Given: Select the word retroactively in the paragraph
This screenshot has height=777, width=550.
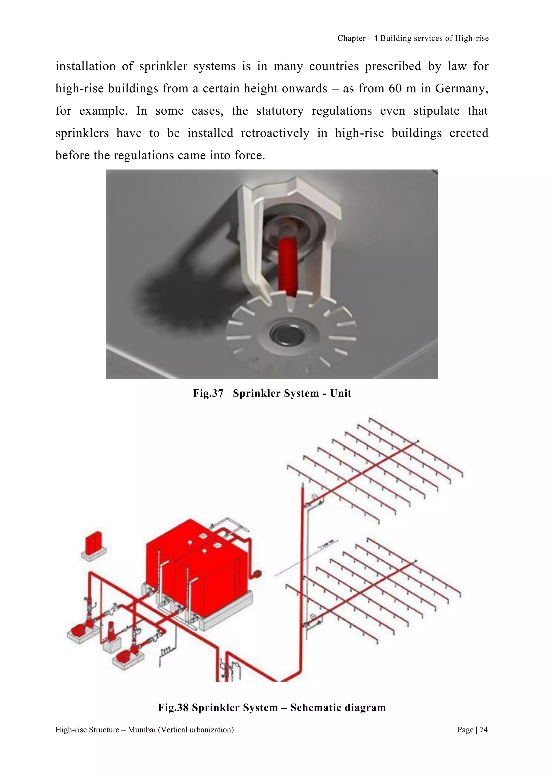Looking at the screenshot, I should (275, 133).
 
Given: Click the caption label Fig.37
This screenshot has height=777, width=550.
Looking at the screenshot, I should (208, 393).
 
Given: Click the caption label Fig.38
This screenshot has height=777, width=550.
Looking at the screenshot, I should (173, 708).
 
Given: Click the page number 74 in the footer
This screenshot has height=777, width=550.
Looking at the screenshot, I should (484, 730).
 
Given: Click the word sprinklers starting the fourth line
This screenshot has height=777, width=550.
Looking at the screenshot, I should (82, 133).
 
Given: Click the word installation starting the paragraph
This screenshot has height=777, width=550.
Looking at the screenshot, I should (85, 66).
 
